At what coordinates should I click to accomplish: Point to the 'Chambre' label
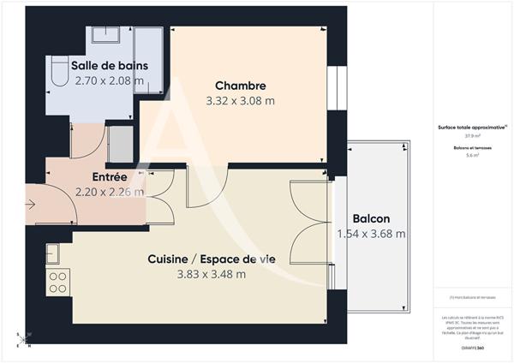tap(240, 86)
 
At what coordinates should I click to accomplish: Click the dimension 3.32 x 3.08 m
tap(240, 100)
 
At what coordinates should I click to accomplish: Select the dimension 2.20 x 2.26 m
tap(110, 192)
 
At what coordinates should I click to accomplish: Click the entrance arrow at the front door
tap(30, 205)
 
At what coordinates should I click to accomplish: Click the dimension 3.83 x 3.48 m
tap(211, 274)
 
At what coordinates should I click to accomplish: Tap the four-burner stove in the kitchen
tap(59, 282)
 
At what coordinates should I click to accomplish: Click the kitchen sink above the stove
tap(52, 253)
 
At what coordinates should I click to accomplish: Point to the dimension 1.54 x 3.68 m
tap(371, 233)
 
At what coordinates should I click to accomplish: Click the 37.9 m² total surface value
tap(472, 135)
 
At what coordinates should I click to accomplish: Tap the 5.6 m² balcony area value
tap(472, 156)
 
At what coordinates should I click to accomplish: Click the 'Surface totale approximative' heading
tap(471, 127)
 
